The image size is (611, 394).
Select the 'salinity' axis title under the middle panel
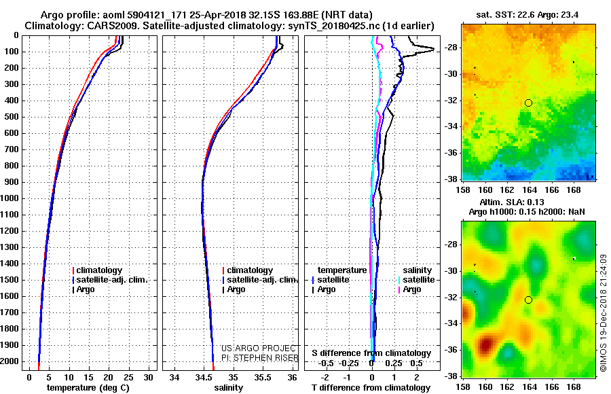[227, 387]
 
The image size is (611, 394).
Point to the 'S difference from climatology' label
[371, 353]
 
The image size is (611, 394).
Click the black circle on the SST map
[528, 103]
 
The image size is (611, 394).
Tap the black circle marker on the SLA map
[528, 300]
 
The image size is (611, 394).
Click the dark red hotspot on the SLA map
[485, 346]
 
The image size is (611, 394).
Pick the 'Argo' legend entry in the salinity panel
[236, 289]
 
